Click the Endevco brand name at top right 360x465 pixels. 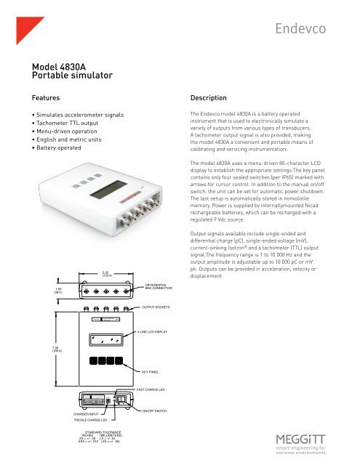(314, 29)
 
